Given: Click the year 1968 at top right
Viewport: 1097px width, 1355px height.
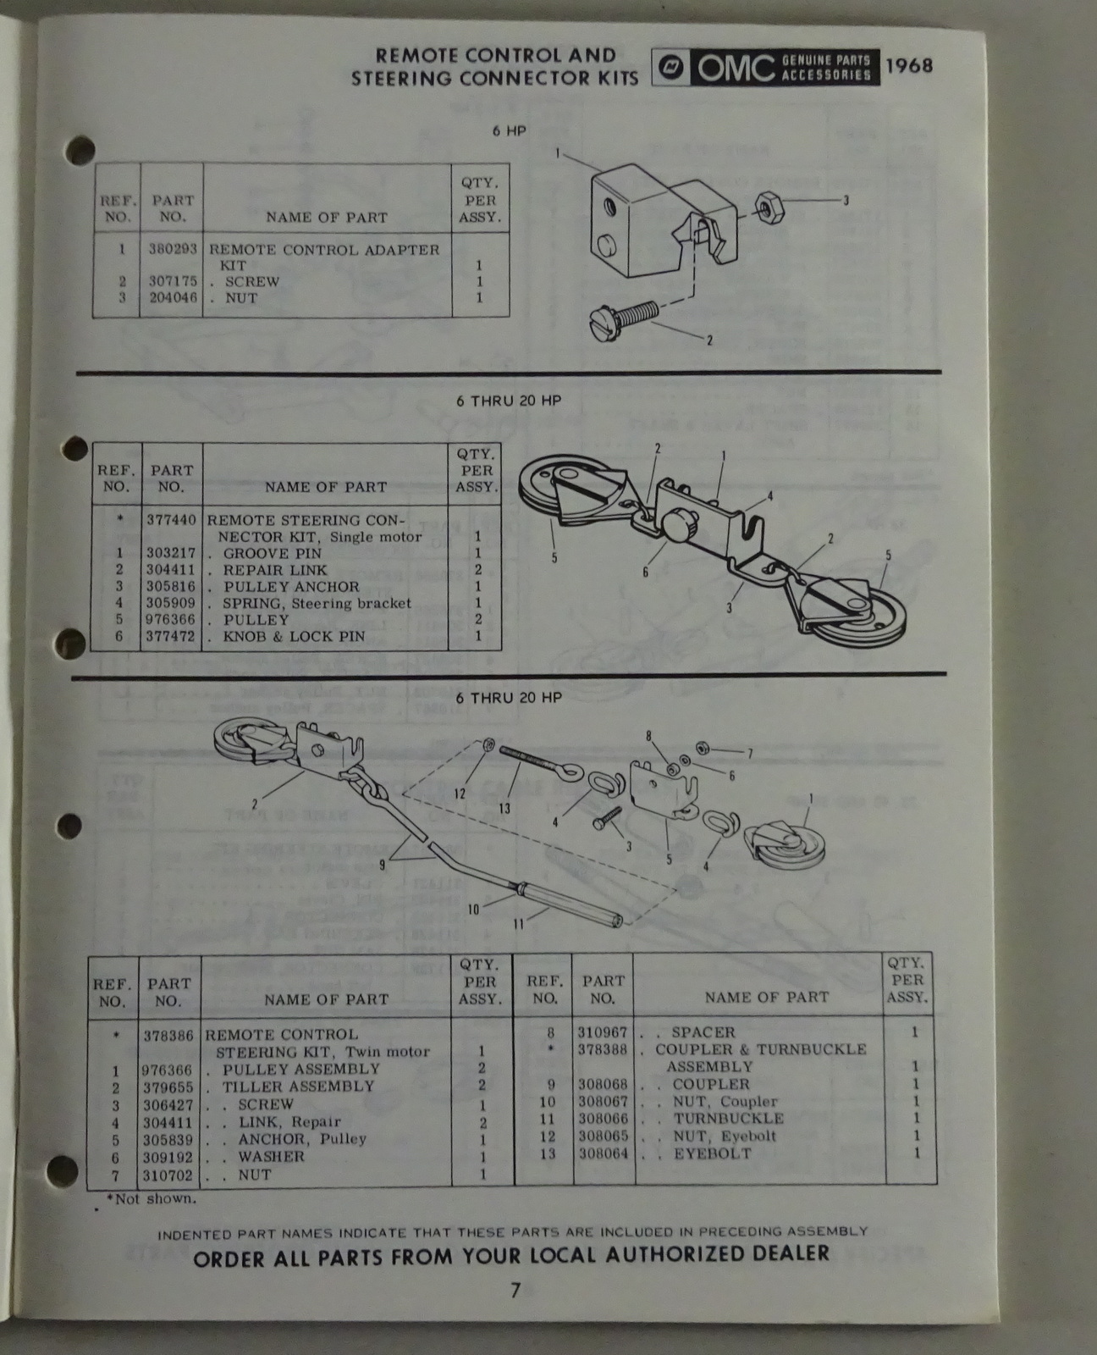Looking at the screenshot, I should tap(908, 66).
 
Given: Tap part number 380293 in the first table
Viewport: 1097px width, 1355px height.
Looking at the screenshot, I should tap(173, 250).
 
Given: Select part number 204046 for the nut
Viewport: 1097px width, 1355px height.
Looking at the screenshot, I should tap(173, 298).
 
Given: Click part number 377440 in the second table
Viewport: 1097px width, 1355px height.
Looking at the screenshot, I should tap(171, 520).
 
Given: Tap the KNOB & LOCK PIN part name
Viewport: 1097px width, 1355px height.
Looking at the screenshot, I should tap(294, 636).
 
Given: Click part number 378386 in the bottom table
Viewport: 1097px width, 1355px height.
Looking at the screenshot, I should tap(168, 1035).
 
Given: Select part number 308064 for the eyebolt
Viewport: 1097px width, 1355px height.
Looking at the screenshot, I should tap(603, 1153).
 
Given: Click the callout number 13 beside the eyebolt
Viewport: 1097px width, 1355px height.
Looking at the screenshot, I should tap(504, 809).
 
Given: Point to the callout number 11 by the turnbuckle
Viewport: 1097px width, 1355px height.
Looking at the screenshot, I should tap(518, 924).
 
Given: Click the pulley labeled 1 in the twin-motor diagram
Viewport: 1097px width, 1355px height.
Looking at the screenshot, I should tap(783, 843).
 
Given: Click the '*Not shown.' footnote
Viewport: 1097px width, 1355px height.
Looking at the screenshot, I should tap(151, 1198).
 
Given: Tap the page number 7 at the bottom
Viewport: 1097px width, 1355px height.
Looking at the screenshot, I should tap(515, 1291).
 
